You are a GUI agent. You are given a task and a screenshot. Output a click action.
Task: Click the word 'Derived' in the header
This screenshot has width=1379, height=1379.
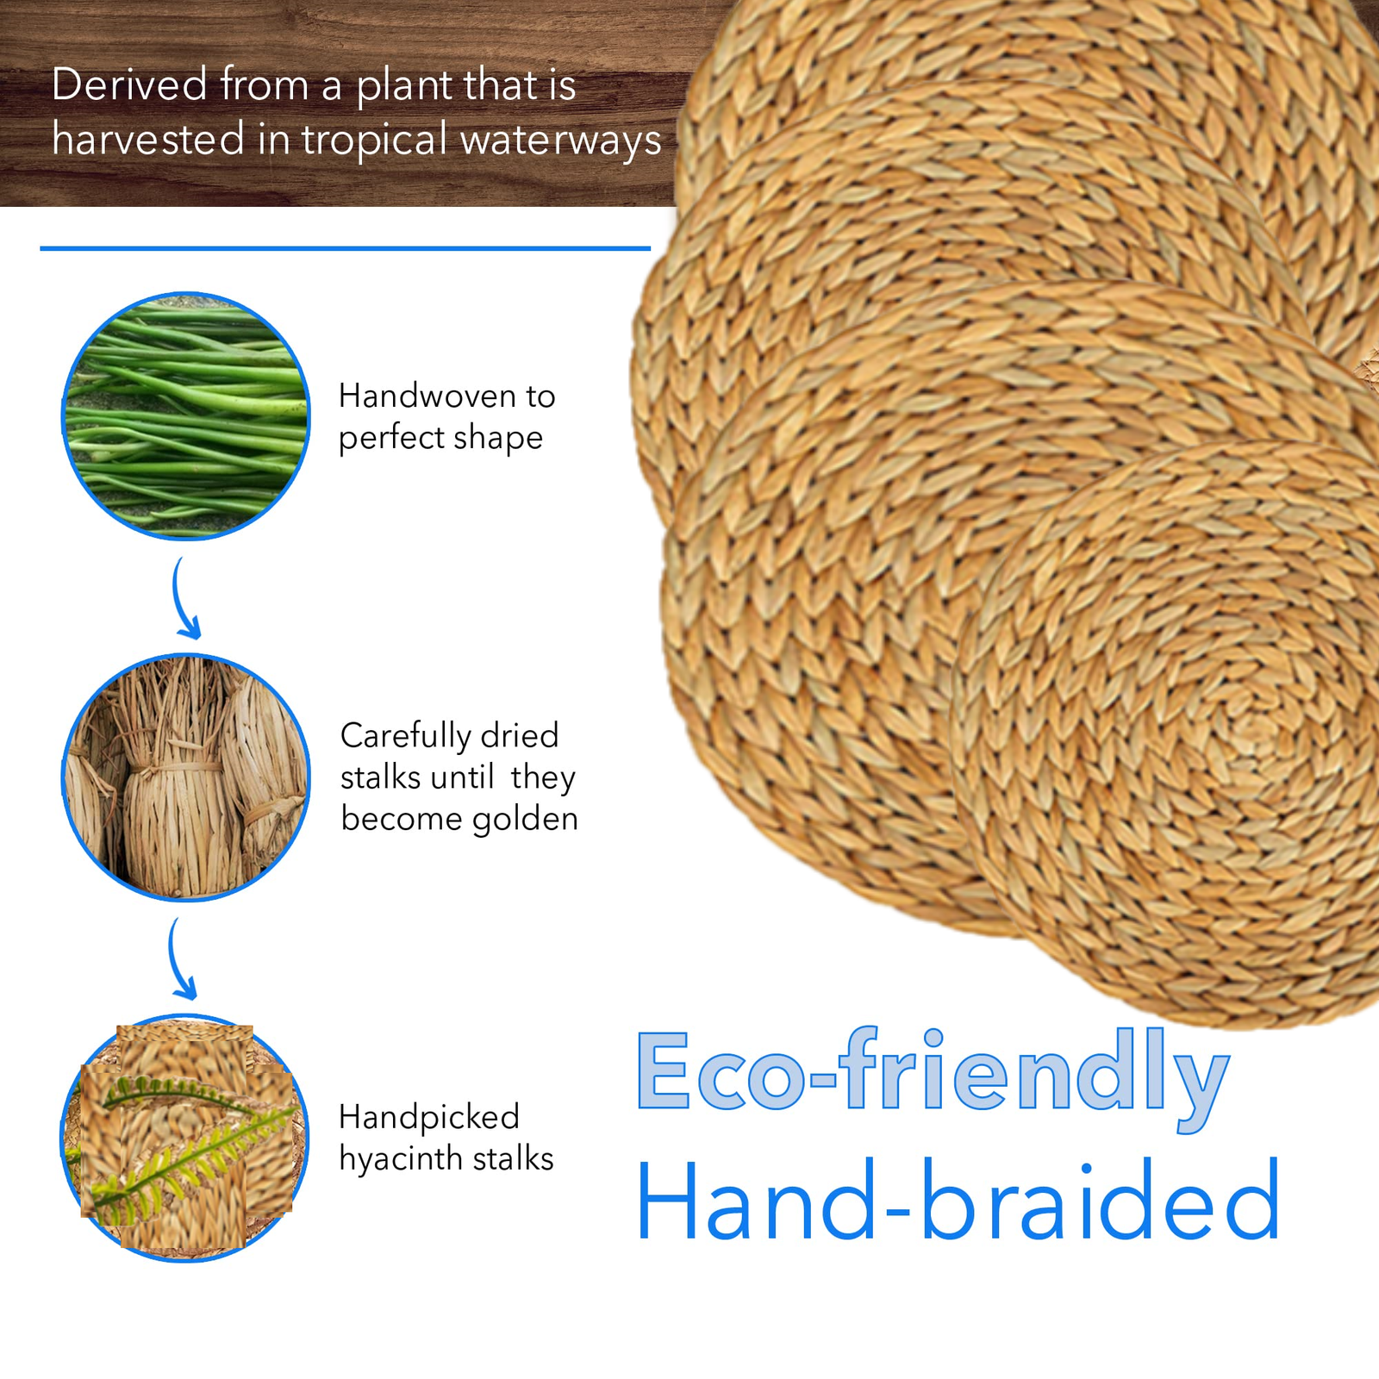[x=130, y=85]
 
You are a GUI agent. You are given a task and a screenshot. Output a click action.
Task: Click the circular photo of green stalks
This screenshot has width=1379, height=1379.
[x=186, y=416]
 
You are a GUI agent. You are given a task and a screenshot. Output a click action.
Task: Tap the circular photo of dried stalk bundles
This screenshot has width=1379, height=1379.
[x=186, y=777]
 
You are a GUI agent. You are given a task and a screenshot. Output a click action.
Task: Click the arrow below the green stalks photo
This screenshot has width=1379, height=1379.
[x=184, y=599]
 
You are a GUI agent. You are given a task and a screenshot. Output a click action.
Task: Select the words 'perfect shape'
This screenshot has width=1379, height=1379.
[x=440, y=439]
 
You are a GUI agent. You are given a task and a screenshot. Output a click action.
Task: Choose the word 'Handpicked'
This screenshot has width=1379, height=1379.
[x=429, y=1118]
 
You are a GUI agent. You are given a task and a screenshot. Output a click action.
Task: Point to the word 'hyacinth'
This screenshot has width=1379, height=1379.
[x=401, y=1159]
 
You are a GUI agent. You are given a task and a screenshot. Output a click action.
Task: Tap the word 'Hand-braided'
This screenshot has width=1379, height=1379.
[x=958, y=1201]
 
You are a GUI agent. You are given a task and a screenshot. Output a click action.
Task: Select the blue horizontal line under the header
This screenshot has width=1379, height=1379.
[x=345, y=248]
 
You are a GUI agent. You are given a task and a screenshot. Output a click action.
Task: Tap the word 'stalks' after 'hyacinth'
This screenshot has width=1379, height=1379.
[x=513, y=1159]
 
